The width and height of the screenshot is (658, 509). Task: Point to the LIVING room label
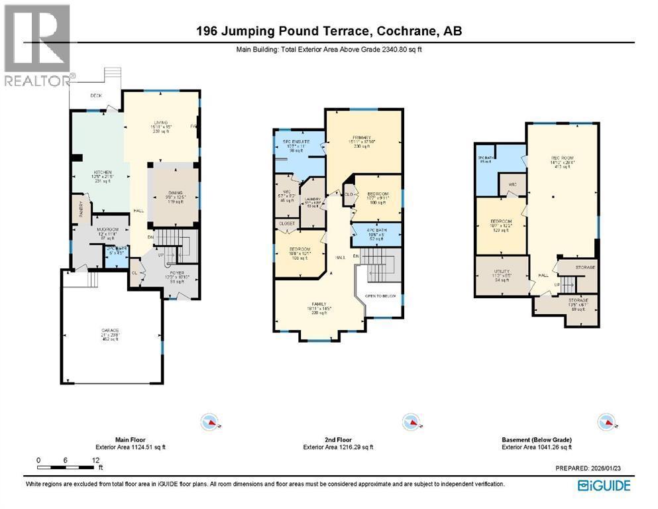(x=161, y=122)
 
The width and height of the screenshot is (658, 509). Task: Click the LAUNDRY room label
(x=313, y=199)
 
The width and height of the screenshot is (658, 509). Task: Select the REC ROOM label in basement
(x=561, y=158)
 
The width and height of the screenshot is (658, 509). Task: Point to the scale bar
(x=67, y=468)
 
